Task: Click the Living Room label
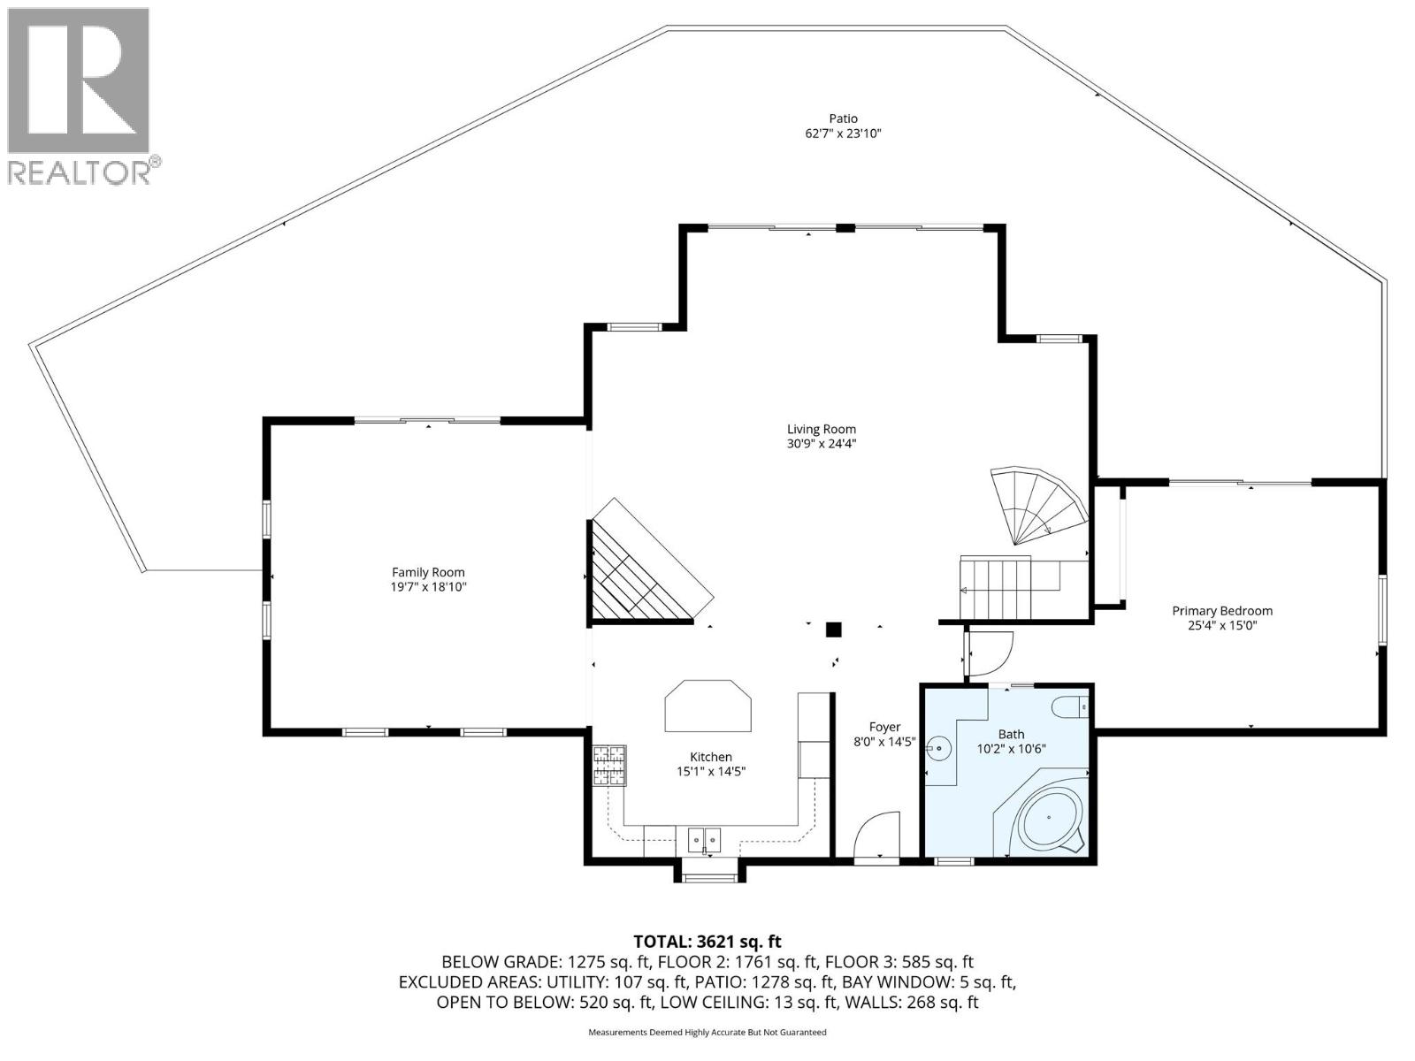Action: (822, 430)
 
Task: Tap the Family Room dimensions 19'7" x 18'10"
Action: (428, 587)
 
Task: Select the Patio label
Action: (843, 118)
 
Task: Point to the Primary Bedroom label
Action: (1222, 611)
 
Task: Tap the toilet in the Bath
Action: (1070, 707)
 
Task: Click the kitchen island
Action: (708, 706)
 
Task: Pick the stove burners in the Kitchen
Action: (608, 766)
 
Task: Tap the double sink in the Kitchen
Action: (704, 836)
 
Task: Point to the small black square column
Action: (833, 630)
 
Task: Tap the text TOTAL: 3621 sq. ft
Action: (707, 942)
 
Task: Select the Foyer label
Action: (885, 728)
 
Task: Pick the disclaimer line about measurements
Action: (707, 1032)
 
